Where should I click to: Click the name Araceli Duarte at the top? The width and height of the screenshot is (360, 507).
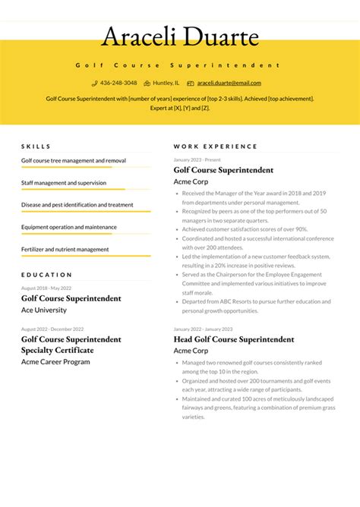pos(180,36)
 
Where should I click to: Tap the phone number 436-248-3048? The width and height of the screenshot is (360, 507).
pos(118,83)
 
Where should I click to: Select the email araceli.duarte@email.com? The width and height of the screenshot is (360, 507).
pos(229,83)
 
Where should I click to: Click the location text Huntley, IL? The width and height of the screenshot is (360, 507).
pos(166,83)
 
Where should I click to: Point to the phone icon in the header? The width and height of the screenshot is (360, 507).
pos(95,83)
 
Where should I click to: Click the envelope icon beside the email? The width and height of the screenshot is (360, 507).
pos(191,83)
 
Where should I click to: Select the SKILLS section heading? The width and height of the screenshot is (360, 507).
pos(36,146)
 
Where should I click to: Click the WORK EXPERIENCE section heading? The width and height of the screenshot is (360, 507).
pos(215,146)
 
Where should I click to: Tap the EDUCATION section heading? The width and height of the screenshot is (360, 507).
pos(46,275)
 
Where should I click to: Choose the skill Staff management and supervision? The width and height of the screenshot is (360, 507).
pos(64,183)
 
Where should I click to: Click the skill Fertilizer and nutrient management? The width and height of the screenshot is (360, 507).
pos(65,249)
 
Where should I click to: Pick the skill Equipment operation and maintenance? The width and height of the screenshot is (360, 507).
pos(68,227)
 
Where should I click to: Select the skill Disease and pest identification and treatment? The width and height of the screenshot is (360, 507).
pos(77,205)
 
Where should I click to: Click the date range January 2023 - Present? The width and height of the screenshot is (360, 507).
pos(197,160)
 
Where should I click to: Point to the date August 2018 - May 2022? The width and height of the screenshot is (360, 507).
pos(46,288)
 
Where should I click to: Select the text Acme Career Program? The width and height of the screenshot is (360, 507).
pos(55,362)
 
